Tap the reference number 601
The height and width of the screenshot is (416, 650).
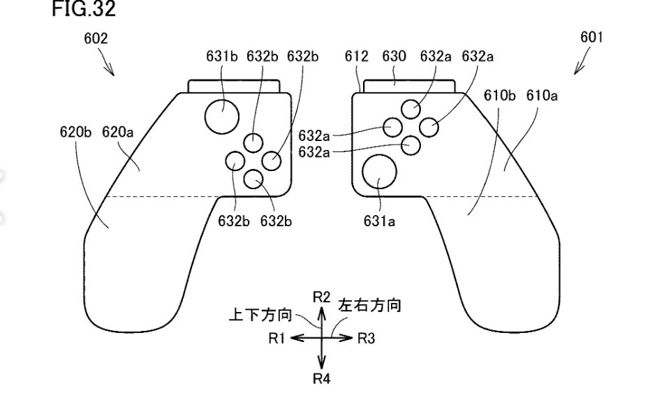591,39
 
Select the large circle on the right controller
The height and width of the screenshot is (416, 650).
379,171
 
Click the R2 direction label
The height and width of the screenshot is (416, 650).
322,297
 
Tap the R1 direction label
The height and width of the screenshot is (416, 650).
277,338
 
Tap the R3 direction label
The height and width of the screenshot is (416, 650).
367,338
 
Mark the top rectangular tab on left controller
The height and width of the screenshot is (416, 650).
234,87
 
